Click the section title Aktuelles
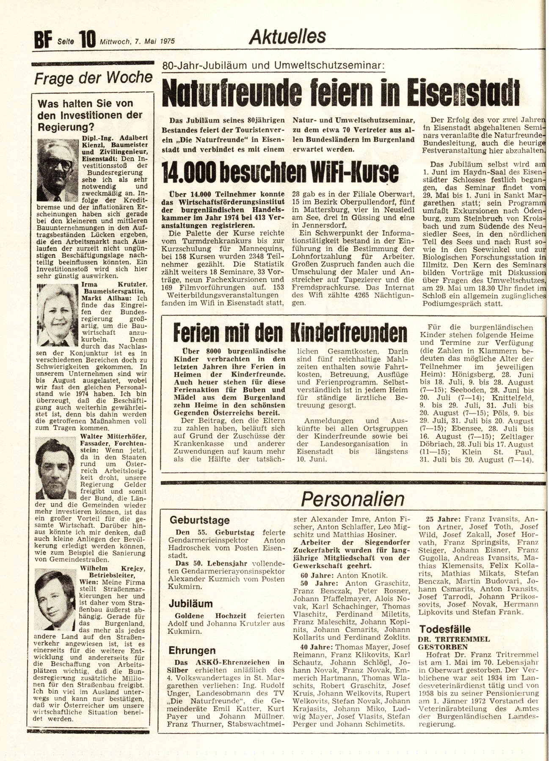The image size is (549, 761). [x=287, y=37]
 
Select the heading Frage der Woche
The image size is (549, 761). [x=94, y=78]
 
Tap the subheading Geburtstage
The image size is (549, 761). [x=199, y=520]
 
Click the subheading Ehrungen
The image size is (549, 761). [x=192, y=651]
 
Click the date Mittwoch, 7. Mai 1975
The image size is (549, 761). [x=138, y=41]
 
